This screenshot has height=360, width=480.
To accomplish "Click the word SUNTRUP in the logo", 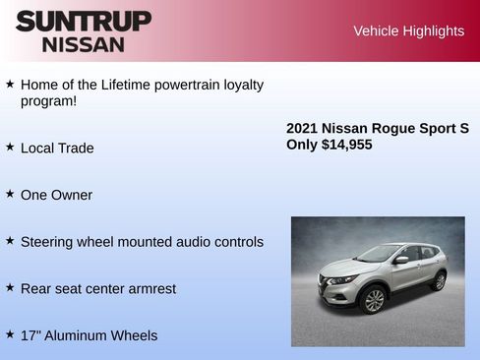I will point(84,21).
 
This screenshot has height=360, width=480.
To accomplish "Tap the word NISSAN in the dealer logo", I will point(84,44).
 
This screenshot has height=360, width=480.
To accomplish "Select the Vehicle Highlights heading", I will point(408,30).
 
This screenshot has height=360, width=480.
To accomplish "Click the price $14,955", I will point(347,145).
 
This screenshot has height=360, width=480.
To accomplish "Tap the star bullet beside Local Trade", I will point(10,147).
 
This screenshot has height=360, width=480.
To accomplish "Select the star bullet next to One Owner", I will point(10,194).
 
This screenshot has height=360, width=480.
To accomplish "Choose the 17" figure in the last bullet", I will point(30,335).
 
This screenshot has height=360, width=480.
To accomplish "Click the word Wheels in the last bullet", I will point(133,335).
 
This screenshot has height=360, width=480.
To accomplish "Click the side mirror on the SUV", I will point(400,260).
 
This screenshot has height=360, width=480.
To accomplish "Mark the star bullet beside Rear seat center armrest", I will point(10,287).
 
